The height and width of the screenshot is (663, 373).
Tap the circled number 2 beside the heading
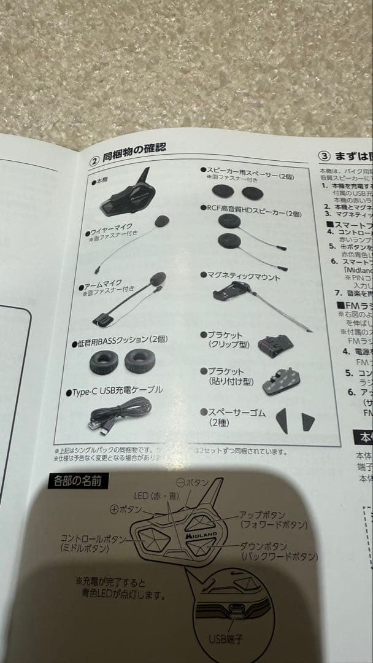point(94,161)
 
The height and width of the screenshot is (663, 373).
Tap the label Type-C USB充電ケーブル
point(117,392)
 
